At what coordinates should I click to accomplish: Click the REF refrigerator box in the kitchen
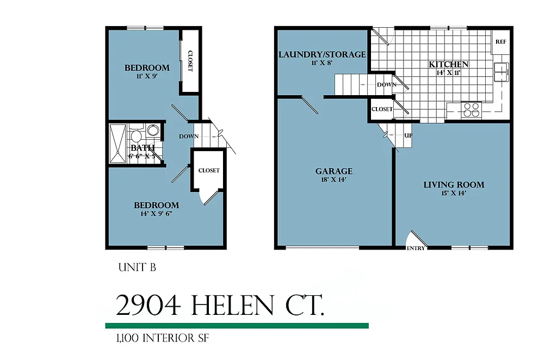point(500,41)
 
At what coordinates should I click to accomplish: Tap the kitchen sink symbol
point(501,71)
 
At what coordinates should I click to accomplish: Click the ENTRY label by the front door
point(416,249)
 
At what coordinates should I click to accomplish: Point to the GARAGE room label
point(334,171)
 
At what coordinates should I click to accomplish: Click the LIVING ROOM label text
point(454,184)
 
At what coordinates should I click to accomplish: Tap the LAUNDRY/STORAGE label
point(322,54)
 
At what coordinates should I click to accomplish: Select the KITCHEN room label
point(449,64)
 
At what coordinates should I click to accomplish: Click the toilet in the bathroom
point(136,133)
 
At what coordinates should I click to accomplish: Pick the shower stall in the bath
point(117,144)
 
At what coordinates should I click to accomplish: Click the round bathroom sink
point(153,131)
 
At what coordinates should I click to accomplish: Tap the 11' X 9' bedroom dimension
point(147,77)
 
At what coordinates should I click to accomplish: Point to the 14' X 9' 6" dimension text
point(156,214)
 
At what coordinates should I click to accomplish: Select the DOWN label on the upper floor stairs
point(188,136)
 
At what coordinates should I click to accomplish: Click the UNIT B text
point(137,268)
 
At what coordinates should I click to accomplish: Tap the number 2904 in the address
point(148,306)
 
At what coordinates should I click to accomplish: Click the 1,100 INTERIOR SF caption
point(162,338)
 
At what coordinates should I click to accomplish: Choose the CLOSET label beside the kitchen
point(382,109)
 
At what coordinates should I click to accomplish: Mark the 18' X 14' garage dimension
point(334,179)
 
